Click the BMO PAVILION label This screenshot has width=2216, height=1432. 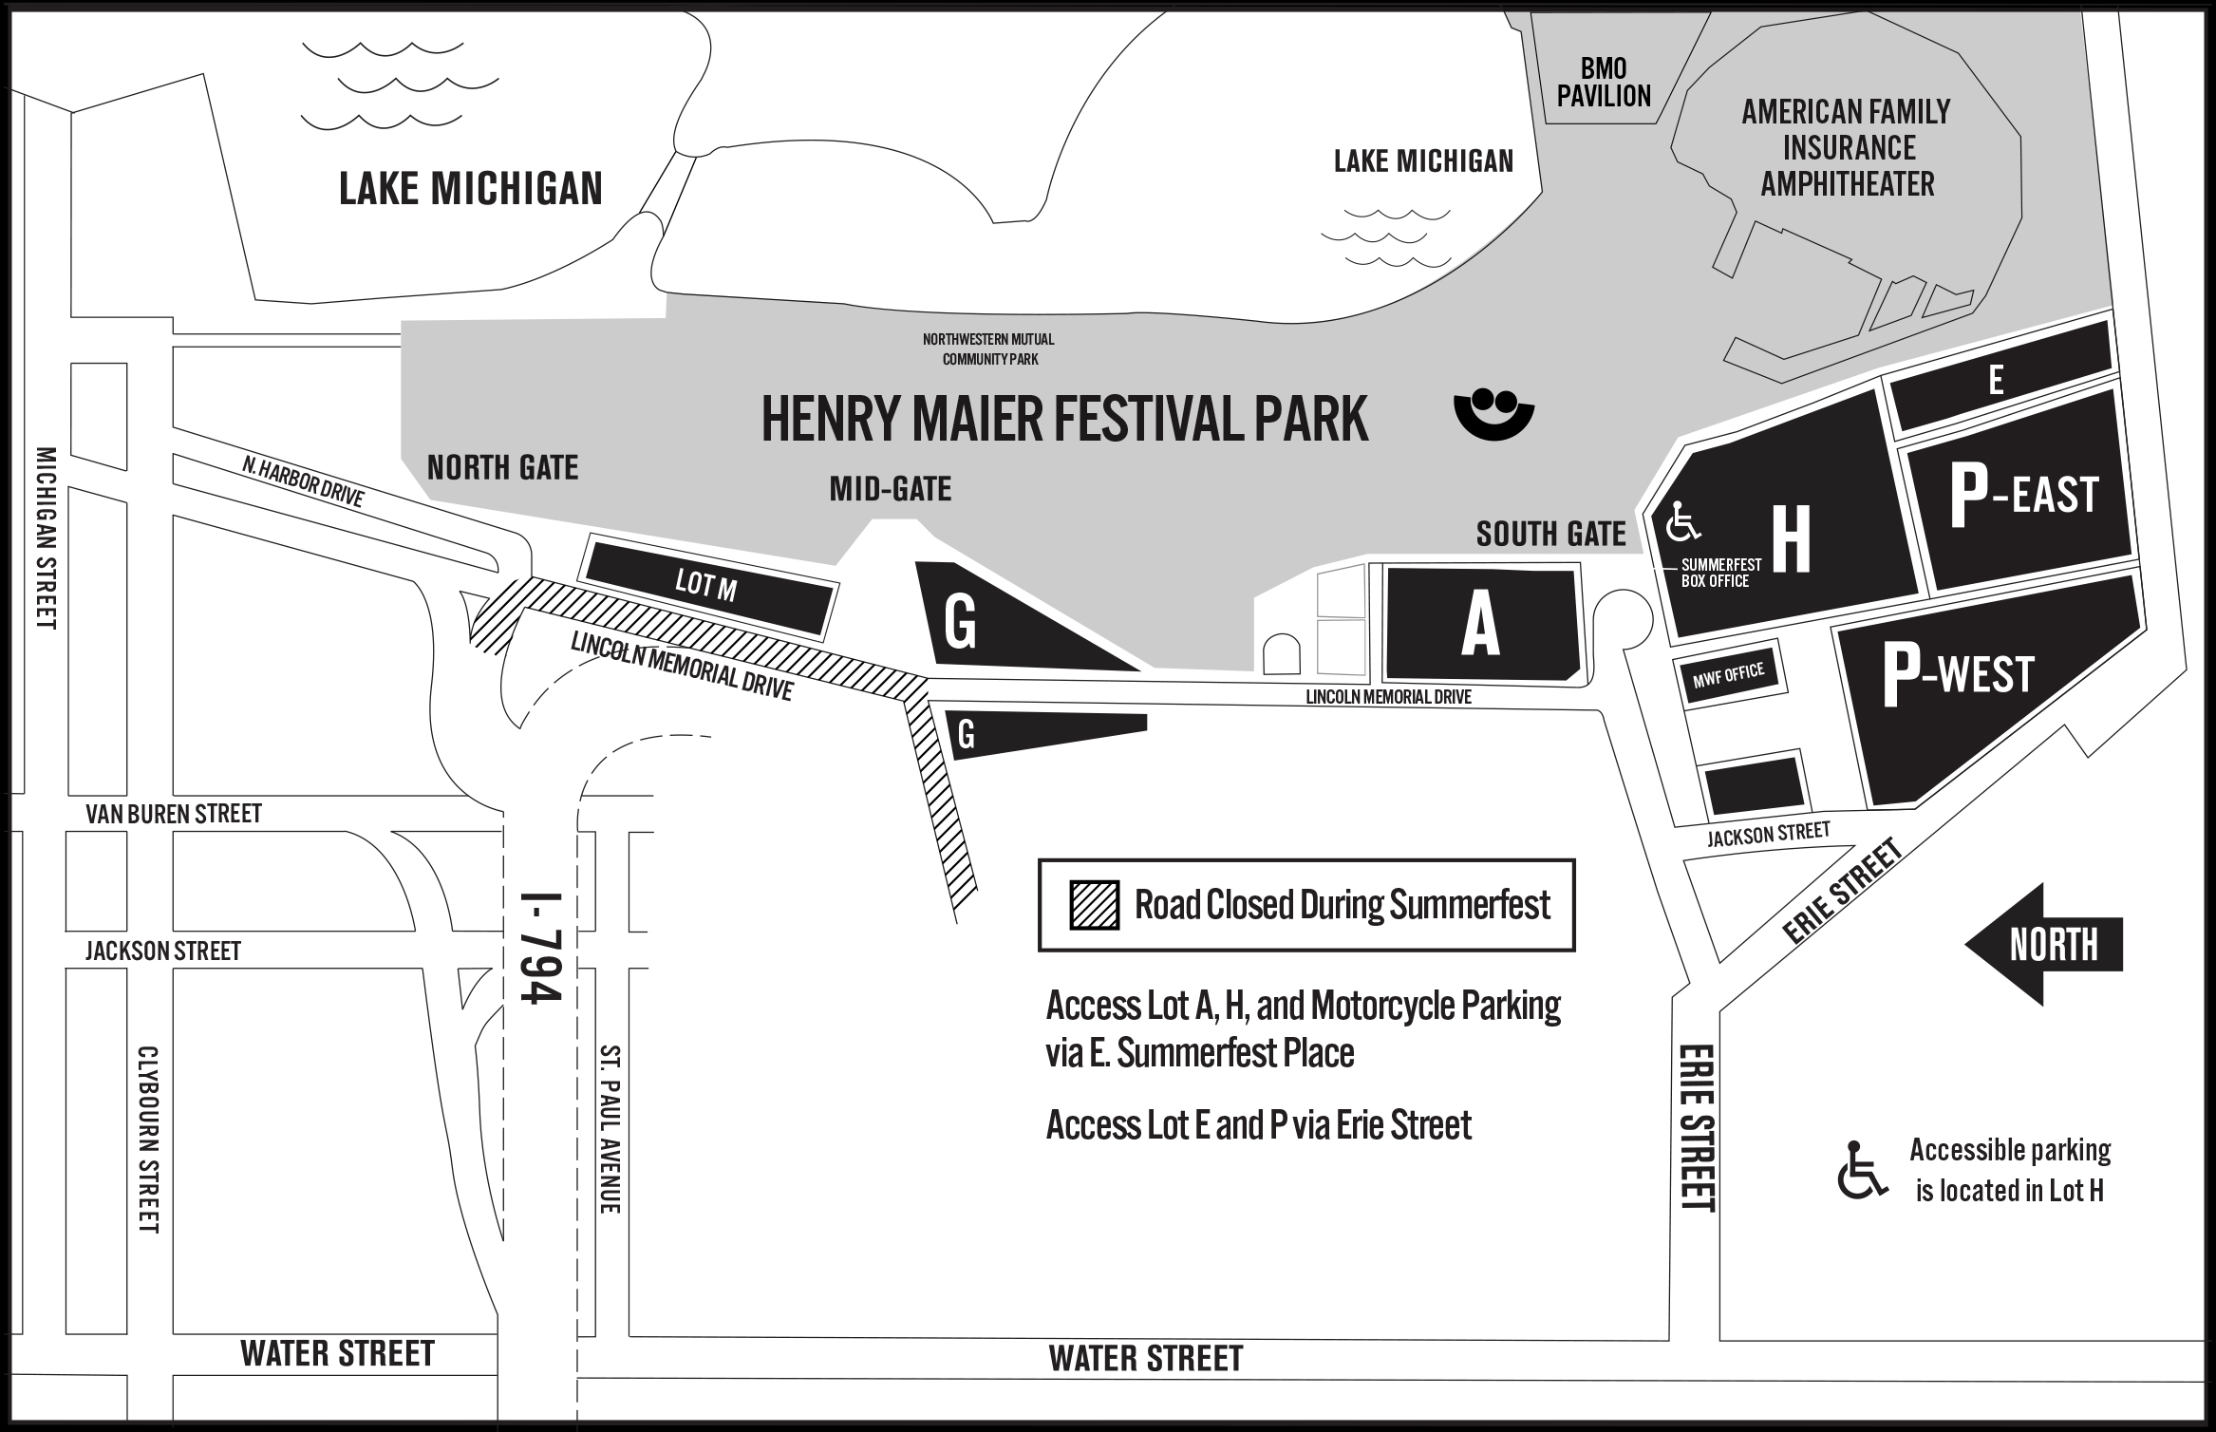click(x=1604, y=83)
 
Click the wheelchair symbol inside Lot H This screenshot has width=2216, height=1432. click(x=1685, y=520)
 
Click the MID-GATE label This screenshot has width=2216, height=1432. click(x=890, y=490)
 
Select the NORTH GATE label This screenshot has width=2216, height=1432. click(x=502, y=468)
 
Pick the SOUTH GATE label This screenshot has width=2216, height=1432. click(x=1550, y=535)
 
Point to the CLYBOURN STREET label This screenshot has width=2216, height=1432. click(x=149, y=1139)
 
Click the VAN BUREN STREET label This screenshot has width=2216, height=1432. click(x=174, y=814)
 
